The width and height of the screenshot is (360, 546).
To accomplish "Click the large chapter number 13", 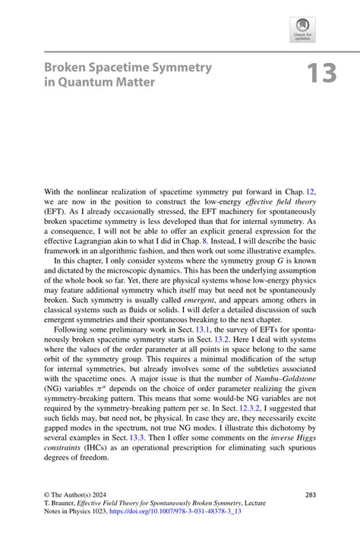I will (321, 74).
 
